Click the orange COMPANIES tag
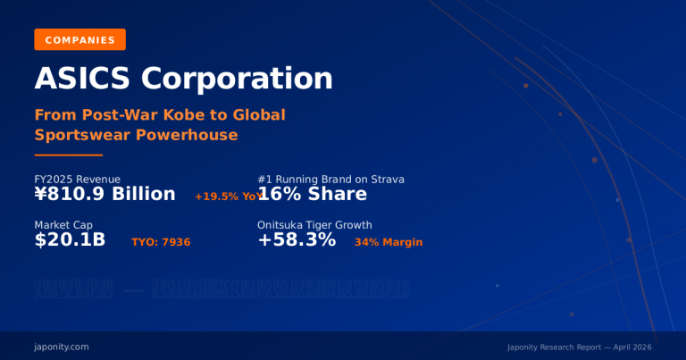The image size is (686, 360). coord(79,39)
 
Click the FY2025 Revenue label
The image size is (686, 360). coord(77,180)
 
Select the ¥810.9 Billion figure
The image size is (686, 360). coord(105,195)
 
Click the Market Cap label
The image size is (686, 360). coord(63,225)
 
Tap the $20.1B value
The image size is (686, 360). coord(70,240)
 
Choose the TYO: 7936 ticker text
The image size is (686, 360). coord(161,242)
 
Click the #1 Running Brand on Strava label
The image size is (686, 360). coord(330,180)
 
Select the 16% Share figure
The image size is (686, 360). coord(312,195)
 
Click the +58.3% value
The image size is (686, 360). coord(297,240)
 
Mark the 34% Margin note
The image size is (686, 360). coord(389,242)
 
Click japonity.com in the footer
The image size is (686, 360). coord(62,346)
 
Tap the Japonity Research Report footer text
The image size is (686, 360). coord(578,347)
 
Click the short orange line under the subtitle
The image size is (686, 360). coord(68,155)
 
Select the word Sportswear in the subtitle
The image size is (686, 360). coord(79,135)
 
